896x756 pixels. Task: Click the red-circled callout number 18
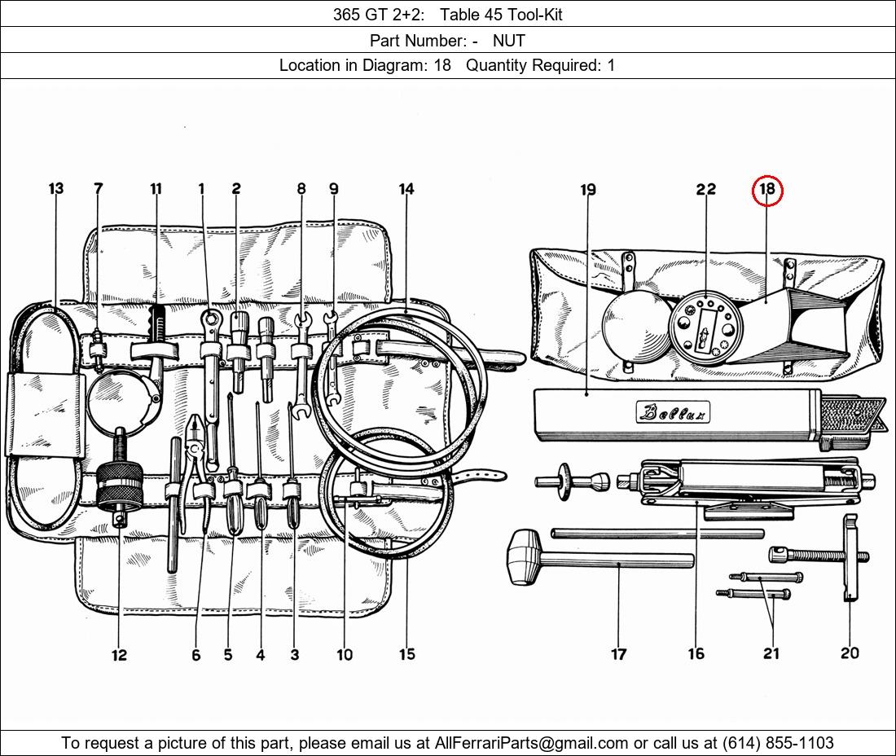pos(766,188)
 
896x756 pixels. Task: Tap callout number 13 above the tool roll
pos(56,188)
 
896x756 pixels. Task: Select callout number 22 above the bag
pos(705,188)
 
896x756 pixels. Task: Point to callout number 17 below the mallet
pos(619,653)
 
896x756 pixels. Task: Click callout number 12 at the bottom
pos(119,655)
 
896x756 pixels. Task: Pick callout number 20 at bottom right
pos(850,653)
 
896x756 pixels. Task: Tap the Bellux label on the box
pos(673,411)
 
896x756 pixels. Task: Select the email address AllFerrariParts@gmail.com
pos(531,743)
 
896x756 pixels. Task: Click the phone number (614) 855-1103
pos(778,743)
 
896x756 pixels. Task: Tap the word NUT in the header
pos(508,41)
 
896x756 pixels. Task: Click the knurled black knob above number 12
pos(119,486)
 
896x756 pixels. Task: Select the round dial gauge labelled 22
pos(705,327)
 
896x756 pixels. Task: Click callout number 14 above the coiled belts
pos(406,188)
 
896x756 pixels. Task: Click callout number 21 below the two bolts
pos(771,653)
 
